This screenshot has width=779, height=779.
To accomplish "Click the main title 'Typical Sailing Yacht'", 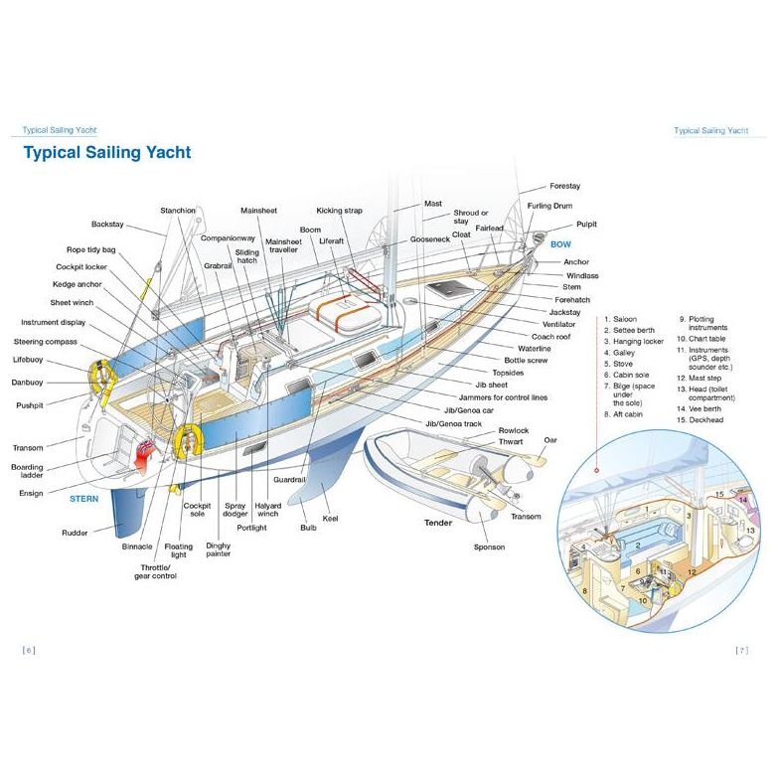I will (x=106, y=153).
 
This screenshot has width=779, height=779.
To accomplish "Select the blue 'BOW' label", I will (x=560, y=243).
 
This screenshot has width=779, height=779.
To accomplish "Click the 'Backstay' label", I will (x=107, y=224).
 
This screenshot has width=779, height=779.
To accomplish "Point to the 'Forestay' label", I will (x=564, y=186).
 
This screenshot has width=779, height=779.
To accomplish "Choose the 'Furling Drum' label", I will (x=549, y=206).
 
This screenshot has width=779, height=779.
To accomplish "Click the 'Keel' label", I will (x=330, y=519).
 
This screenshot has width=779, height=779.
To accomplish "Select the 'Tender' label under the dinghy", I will (x=438, y=523).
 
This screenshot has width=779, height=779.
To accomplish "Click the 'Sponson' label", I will (x=489, y=546).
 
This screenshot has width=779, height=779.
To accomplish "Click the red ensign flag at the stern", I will (x=145, y=454).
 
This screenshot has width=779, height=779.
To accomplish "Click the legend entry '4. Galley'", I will (x=623, y=353).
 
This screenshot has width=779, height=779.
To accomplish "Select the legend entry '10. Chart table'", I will (x=700, y=339).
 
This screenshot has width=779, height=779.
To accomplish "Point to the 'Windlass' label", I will (x=582, y=275).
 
